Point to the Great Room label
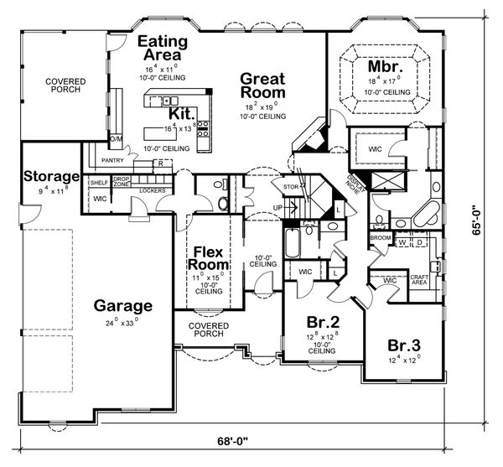pyautogui.click(x=262, y=86)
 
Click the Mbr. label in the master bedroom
pyautogui.click(x=386, y=65)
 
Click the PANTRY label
pyautogui.click(x=111, y=159)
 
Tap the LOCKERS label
pyautogui.click(x=151, y=191)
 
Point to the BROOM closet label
pyautogui.click(x=380, y=237)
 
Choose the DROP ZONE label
pyautogui.click(x=122, y=181)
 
